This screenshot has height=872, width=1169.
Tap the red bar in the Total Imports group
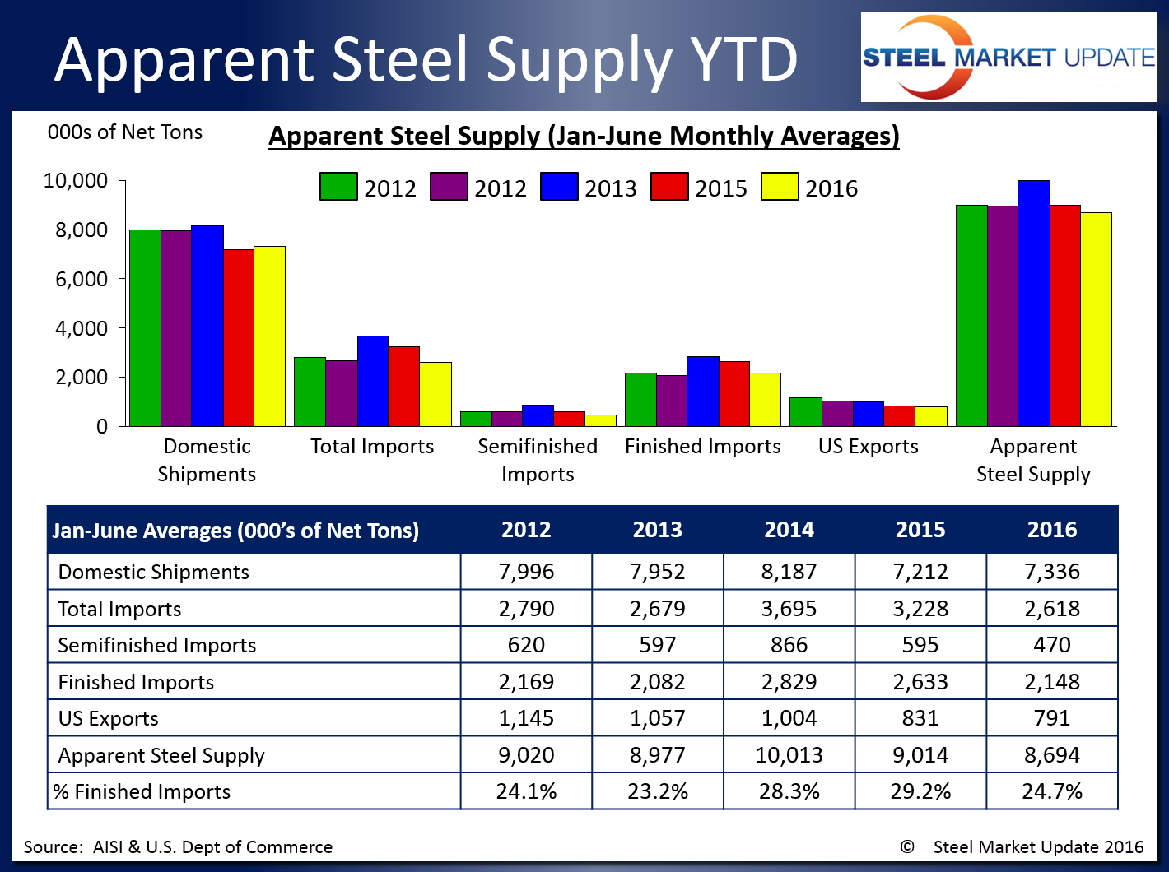(x=404, y=386)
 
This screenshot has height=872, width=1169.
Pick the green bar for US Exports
(x=805, y=411)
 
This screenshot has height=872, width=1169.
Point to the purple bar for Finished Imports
(x=672, y=401)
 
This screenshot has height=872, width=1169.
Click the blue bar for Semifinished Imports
(x=538, y=415)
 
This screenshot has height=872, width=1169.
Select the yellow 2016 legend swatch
(x=779, y=187)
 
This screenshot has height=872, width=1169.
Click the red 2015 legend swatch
(x=668, y=187)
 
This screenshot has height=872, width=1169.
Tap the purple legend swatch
(x=448, y=187)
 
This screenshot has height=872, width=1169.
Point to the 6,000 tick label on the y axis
(x=82, y=279)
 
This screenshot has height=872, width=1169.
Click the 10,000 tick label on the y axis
(x=76, y=180)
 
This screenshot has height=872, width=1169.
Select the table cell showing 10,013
(x=789, y=754)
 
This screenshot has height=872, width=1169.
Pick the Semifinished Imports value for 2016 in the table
(x=1051, y=644)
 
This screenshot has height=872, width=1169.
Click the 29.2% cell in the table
(x=920, y=791)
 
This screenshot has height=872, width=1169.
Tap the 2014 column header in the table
(x=789, y=530)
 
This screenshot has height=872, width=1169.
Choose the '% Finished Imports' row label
(x=142, y=791)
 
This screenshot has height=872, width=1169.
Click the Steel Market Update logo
(x=1008, y=58)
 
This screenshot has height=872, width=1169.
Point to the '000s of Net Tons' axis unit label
(x=125, y=132)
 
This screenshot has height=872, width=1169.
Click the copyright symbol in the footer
(x=907, y=846)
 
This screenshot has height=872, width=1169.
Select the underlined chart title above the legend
(x=584, y=136)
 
